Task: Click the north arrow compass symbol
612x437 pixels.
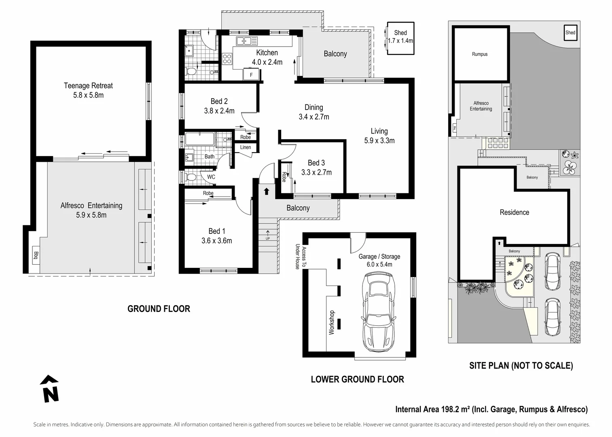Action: tap(50, 389)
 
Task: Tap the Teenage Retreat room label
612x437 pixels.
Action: tap(88, 86)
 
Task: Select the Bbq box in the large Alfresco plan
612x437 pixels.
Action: tap(36, 255)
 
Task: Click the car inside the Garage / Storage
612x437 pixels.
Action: tap(379, 311)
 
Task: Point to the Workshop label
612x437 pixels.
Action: tap(332, 322)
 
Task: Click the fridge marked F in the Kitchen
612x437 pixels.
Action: tap(251, 75)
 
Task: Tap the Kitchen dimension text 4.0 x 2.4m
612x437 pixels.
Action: tap(267, 62)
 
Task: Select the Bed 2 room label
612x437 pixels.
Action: tap(219, 101)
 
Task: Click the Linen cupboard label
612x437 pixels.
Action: tap(246, 147)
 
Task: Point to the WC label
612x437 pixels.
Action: tap(211, 177)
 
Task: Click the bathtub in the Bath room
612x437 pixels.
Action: tap(199, 139)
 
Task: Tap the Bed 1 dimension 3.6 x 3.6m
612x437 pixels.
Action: tap(217, 241)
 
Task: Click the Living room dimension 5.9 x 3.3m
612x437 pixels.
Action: tap(379, 141)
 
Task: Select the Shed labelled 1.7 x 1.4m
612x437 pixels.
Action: tap(400, 38)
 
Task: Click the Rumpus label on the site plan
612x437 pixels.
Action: tap(480, 54)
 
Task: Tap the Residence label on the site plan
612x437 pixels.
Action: tap(514, 212)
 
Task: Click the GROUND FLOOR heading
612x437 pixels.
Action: tap(159, 309)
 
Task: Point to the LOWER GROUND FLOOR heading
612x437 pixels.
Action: tap(357, 379)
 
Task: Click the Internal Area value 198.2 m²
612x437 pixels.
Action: tap(454, 409)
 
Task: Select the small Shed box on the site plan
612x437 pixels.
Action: tap(570, 33)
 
